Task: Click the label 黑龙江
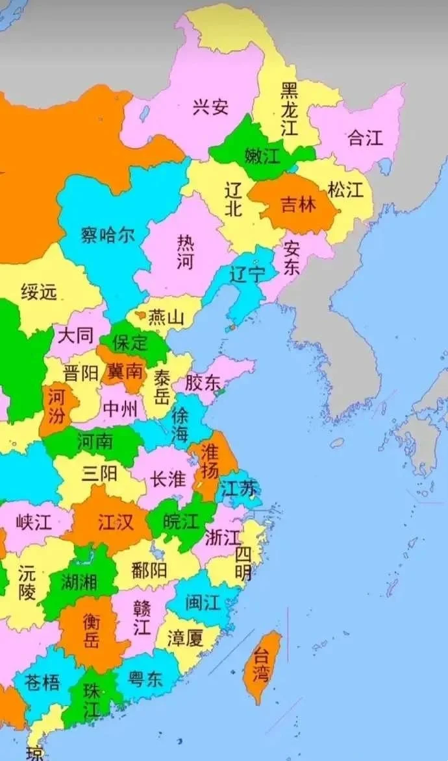(x=290, y=108)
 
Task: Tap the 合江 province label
(x=366, y=138)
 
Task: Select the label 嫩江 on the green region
(x=262, y=156)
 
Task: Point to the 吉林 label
(x=298, y=204)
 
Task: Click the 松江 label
(x=345, y=190)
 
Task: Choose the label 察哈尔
(x=108, y=234)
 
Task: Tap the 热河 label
(x=185, y=252)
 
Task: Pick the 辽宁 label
(x=247, y=274)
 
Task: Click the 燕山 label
(x=166, y=318)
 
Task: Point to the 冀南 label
(x=125, y=372)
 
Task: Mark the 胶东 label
(x=203, y=382)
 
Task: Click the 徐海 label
(x=180, y=426)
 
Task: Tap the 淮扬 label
(x=210, y=461)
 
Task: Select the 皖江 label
(x=181, y=521)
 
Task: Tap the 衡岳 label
(x=92, y=631)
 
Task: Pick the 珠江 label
(x=92, y=700)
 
